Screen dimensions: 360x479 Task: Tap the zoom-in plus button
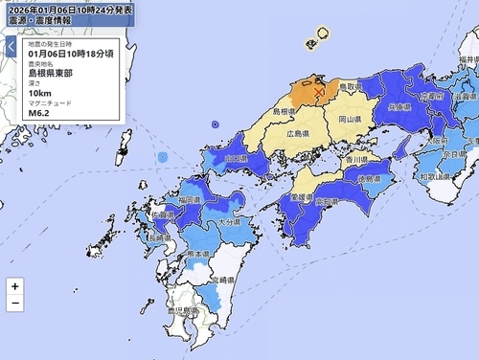[x=14, y=286]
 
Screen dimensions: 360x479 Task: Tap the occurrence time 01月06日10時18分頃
[x=63, y=55]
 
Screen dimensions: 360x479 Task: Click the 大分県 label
[x=227, y=222]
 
